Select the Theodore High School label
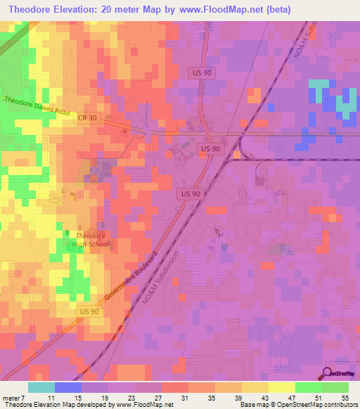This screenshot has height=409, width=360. (85, 240)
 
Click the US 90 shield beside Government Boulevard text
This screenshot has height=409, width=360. (90, 311)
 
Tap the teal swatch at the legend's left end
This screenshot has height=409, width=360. (41, 387)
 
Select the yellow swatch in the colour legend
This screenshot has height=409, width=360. (282, 387)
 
